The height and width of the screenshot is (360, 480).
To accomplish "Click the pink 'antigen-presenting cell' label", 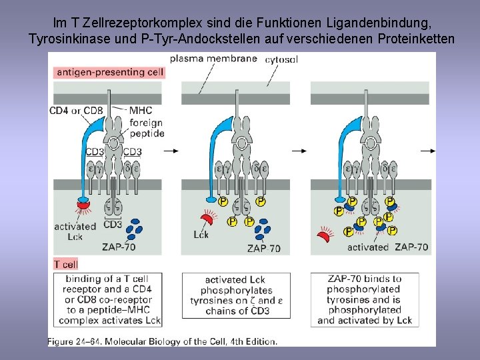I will [x=110, y=72].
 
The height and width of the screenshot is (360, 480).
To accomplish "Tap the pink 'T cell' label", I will [x=67, y=264].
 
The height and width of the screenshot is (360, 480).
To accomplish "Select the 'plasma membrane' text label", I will [x=213, y=59].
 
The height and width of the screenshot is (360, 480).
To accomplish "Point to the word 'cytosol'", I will [x=281, y=60].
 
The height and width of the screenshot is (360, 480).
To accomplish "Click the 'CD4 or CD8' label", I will [x=76, y=110].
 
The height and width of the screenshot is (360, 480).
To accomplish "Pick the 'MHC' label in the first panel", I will [x=141, y=111].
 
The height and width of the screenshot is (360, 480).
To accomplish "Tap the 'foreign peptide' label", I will [x=147, y=128].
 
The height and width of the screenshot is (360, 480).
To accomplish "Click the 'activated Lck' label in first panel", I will [x=75, y=231].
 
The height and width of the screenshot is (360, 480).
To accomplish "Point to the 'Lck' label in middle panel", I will [x=201, y=234].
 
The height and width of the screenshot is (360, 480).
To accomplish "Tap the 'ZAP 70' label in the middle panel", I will [x=264, y=249].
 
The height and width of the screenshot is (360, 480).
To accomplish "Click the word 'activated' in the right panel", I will [x=368, y=247].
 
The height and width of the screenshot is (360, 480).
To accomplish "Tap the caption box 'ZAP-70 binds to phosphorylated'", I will [x=365, y=300].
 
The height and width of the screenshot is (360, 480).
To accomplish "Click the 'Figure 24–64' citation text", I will [x=162, y=341].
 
